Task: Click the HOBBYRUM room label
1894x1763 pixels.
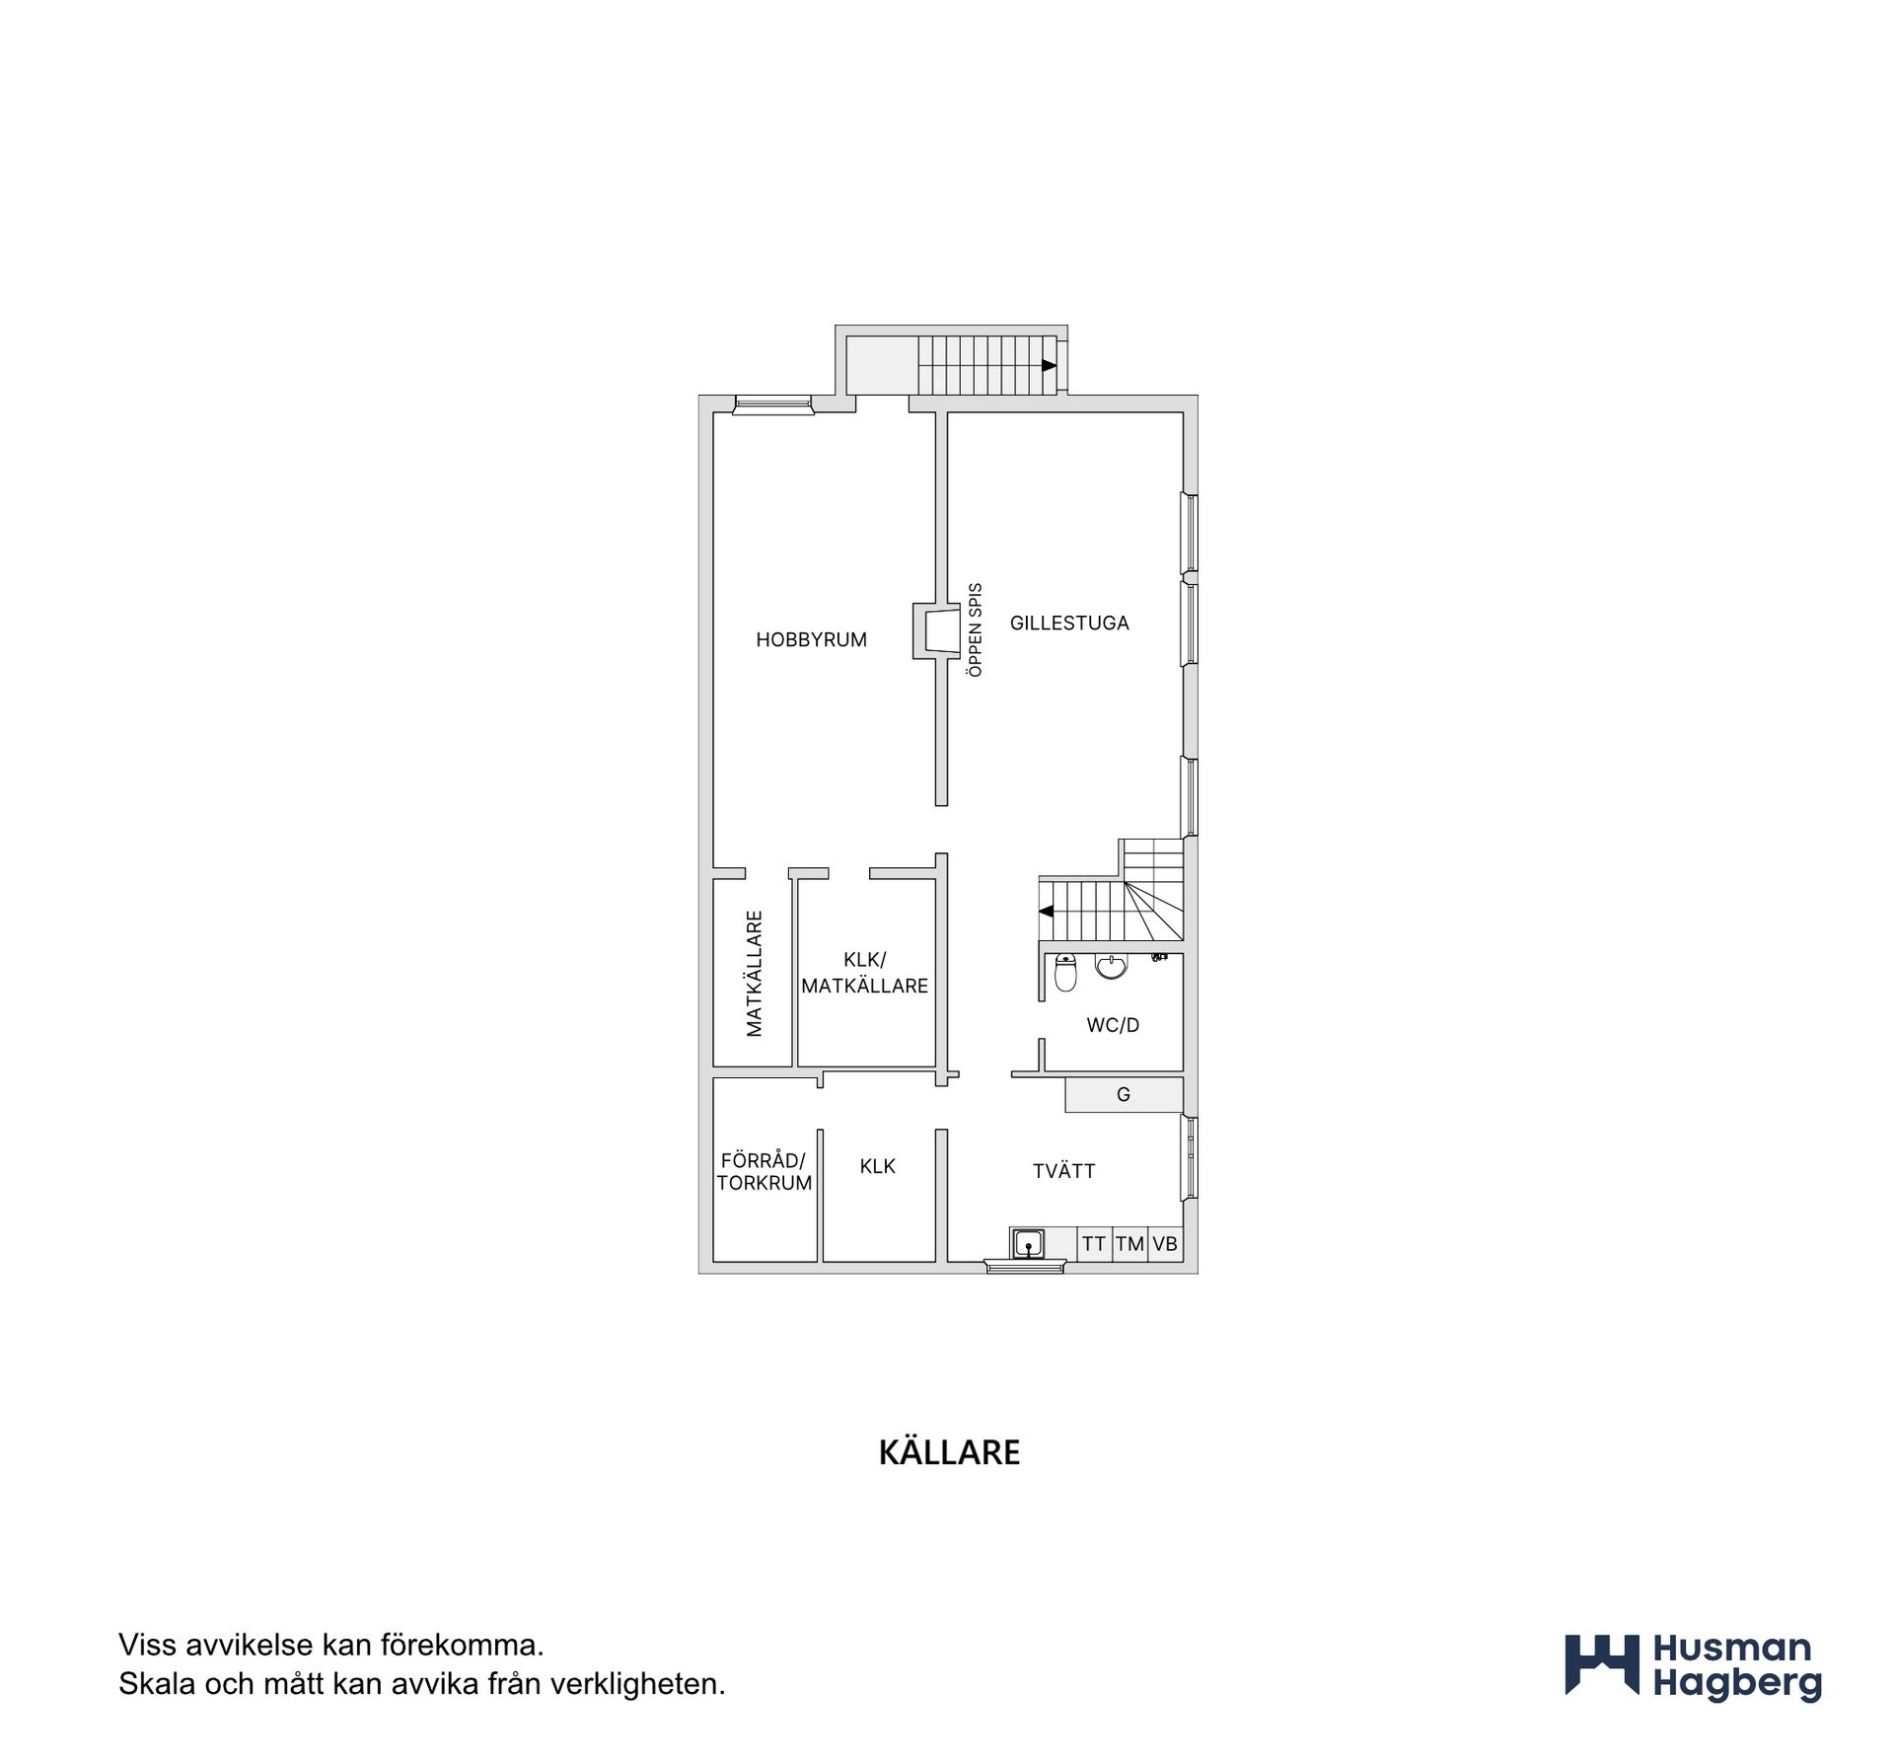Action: [811, 639]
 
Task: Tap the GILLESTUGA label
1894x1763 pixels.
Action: [1069, 623]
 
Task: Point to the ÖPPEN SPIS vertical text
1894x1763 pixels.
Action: [976, 629]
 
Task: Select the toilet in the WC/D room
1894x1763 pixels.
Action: [1065, 972]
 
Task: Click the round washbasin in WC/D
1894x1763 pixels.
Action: [1112, 966]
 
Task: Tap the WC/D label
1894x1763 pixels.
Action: [1113, 1025]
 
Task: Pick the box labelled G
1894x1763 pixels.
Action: [1124, 1094]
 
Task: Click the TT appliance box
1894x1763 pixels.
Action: [1094, 1244]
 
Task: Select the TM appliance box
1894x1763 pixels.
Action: [1130, 1244]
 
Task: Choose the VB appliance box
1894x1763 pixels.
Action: [1165, 1244]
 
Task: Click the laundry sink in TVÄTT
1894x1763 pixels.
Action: [1029, 1243]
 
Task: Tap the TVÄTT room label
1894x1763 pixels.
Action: [1063, 1171]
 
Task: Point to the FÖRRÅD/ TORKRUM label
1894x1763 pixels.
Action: [765, 1172]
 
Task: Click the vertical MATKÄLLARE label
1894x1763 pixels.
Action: [755, 974]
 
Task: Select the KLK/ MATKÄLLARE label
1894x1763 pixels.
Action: [865, 973]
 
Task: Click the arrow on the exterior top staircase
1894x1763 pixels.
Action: [1049, 365]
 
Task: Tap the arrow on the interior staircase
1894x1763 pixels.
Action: [1046, 911]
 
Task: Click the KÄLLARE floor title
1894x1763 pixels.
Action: [949, 1453]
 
